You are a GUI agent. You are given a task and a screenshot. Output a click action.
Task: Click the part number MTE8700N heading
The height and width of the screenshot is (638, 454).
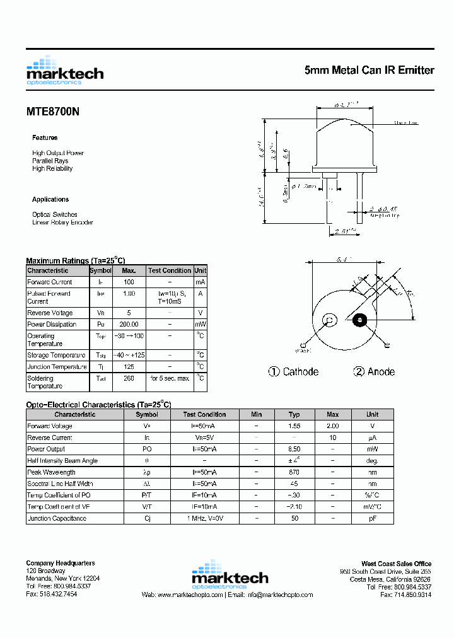click(53, 112)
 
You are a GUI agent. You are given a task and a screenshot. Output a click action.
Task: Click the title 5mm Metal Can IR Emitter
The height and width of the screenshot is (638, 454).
click(369, 71)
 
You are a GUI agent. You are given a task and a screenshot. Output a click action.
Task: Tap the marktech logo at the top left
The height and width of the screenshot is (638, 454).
click(64, 71)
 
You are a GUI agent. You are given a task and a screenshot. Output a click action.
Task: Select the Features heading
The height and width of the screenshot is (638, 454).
click(45, 137)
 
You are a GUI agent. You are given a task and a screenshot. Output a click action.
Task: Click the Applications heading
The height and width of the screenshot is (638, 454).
click(50, 199)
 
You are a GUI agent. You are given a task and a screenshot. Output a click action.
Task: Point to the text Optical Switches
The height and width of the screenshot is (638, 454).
click(55, 214)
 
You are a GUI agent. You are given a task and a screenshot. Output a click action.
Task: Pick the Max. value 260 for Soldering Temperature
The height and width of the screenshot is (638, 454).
click(129, 378)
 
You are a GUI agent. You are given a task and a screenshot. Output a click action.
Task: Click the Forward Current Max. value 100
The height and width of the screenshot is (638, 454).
click(129, 282)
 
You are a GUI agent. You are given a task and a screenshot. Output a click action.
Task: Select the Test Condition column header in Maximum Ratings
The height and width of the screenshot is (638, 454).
click(170, 270)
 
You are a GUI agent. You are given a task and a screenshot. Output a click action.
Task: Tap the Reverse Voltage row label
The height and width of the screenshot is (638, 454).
click(50, 313)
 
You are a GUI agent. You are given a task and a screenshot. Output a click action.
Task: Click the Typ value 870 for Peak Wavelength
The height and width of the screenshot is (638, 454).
click(294, 472)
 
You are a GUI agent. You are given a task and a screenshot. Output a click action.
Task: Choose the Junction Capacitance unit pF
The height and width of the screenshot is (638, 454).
click(373, 518)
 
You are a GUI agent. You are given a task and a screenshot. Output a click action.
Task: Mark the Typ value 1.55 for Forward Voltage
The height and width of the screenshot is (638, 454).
click(294, 426)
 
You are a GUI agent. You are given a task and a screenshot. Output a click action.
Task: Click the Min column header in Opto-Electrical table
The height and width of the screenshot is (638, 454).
click(256, 414)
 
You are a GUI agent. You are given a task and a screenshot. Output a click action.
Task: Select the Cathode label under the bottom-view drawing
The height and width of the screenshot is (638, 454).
click(294, 372)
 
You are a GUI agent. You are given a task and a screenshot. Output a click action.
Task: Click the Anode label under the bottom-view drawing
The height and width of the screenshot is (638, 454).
click(374, 372)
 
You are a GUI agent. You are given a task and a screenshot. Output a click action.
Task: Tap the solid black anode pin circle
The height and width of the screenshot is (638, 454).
click(360, 320)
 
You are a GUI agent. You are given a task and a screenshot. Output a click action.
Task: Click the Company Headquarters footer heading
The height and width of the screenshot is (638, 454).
click(61, 563)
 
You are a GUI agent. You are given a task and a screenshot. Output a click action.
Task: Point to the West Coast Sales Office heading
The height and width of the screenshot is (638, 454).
click(396, 564)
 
